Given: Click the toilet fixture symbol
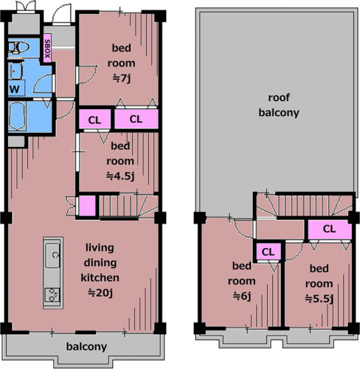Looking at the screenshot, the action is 18,47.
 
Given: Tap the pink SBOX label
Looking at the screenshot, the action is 47,49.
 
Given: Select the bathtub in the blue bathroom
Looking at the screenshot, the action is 17,116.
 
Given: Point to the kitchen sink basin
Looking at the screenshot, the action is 52,255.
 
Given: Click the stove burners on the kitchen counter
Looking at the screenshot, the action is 53,295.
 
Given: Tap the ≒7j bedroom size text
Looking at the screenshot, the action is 122,78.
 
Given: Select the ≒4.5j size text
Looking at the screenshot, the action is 120,176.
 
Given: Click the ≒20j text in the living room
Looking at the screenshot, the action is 100,293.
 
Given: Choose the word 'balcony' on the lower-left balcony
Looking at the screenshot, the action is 86,347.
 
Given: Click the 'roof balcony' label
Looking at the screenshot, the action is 279,105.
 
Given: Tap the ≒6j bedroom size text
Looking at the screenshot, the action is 242,296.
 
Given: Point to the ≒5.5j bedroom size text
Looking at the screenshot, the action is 319,299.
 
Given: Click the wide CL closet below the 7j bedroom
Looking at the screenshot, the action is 136,119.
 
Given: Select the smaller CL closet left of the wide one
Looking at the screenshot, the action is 94,120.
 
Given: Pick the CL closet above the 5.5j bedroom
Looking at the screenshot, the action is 329,230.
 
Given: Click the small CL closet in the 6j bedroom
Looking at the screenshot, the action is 268,252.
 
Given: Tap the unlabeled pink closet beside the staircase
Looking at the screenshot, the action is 87,206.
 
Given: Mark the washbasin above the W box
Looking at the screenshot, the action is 15,71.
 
